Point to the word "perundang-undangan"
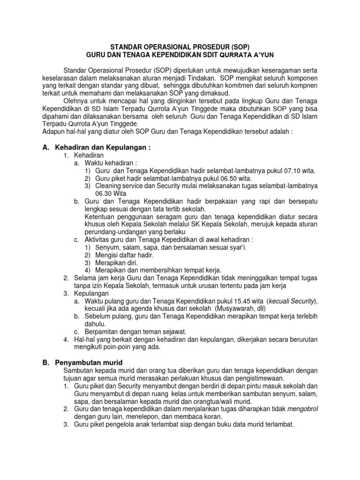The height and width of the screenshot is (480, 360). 114,232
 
